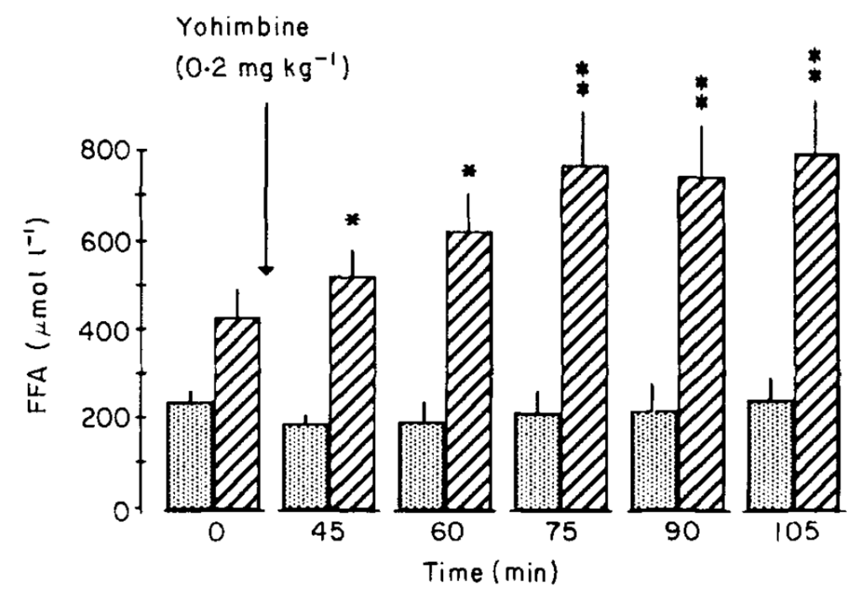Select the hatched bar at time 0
(x=236, y=412)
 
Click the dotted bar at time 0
(x=190, y=455)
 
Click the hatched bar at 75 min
(x=583, y=336)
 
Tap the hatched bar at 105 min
(x=815, y=331)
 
